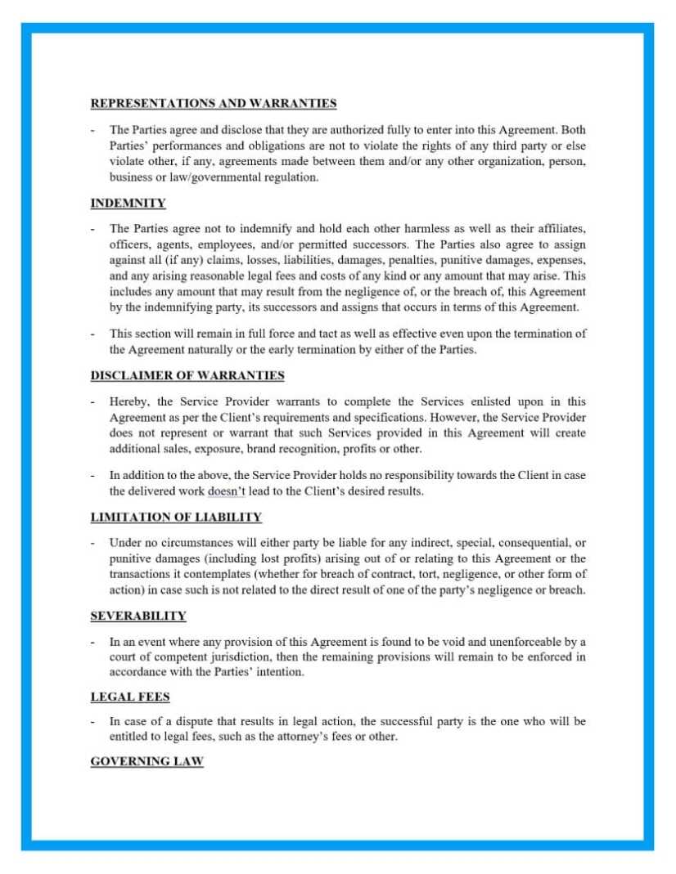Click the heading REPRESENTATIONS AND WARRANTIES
(x=213, y=104)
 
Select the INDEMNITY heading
(x=128, y=203)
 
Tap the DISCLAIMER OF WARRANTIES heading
(x=187, y=375)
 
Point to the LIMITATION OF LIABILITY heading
(x=176, y=517)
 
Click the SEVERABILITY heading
(x=138, y=616)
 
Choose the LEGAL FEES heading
(x=130, y=697)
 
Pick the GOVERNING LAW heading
(x=146, y=761)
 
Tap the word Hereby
(x=128, y=401)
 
